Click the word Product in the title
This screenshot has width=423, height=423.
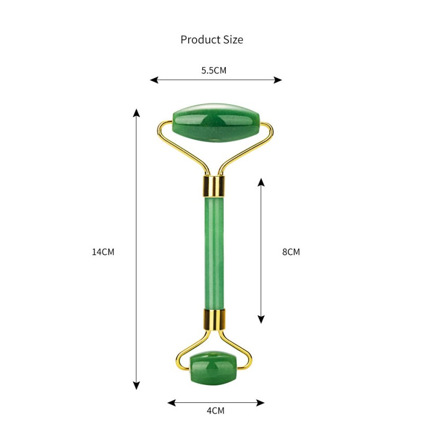199,40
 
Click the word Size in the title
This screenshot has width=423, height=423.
233,40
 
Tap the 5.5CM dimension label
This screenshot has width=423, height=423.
214,70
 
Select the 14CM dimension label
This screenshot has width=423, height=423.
103,252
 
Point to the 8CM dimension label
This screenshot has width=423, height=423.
291,252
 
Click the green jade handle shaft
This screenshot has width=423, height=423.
214,252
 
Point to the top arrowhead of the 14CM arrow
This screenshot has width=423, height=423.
136,112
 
